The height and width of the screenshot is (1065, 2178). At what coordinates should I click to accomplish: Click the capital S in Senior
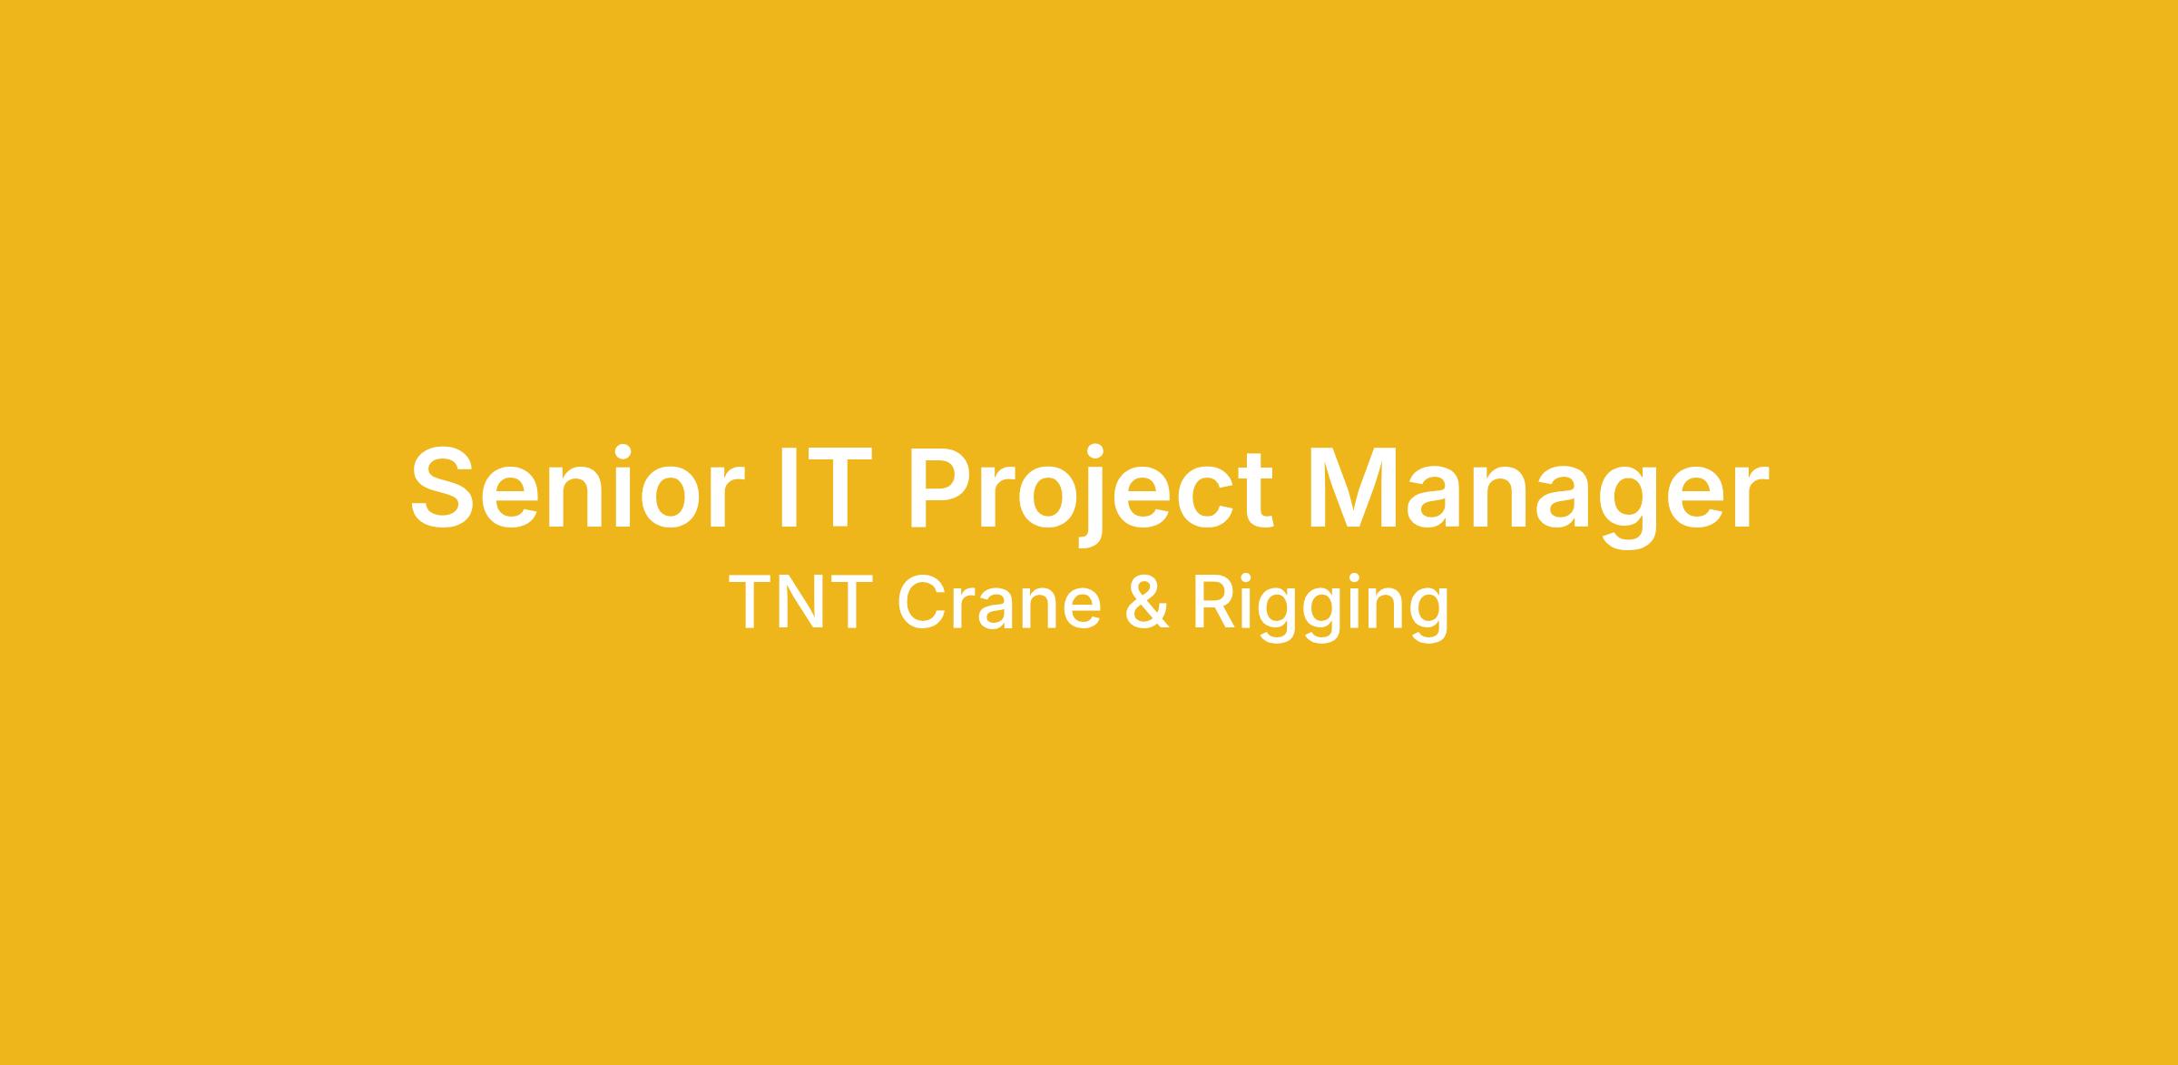click(x=443, y=487)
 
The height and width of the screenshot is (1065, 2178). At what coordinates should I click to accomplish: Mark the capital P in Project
click(x=941, y=487)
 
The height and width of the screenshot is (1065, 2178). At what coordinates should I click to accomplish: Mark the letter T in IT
click(x=824, y=487)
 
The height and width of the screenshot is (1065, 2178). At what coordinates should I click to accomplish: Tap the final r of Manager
click(x=1751, y=497)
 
